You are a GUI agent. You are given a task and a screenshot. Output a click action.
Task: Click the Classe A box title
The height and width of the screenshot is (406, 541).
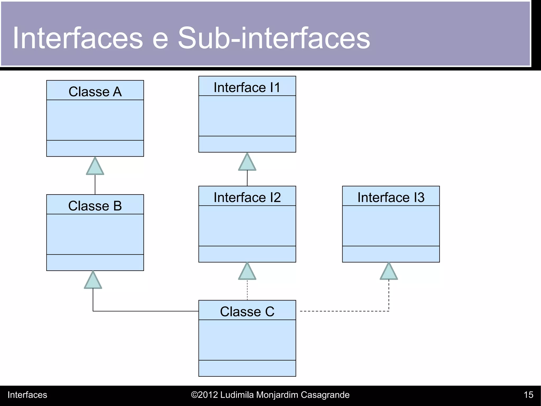click(x=95, y=92)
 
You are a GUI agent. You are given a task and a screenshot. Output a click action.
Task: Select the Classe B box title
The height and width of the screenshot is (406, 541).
click(x=95, y=206)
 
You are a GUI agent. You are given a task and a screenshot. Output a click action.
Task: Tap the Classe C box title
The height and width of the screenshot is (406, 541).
click(x=247, y=312)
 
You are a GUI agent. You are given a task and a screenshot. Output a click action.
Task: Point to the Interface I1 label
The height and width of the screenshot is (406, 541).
click(x=247, y=87)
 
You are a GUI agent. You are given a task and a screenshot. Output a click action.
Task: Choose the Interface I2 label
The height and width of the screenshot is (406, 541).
click(x=247, y=197)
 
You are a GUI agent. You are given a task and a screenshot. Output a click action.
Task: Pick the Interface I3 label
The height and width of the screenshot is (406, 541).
click(x=391, y=197)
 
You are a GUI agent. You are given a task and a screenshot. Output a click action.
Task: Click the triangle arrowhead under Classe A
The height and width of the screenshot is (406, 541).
click(x=95, y=167)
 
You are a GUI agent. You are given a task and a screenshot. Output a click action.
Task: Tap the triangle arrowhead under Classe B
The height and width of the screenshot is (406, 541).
click(x=93, y=281)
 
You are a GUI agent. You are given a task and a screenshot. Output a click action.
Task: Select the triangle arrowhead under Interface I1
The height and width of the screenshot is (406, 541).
click(x=247, y=163)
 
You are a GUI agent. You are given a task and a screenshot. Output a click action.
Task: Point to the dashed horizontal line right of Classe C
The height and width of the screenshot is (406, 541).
click(x=343, y=311)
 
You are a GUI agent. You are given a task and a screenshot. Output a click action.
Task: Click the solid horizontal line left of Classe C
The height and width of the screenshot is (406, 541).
click(x=145, y=311)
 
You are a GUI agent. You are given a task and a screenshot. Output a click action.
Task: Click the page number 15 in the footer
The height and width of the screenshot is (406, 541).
click(x=528, y=395)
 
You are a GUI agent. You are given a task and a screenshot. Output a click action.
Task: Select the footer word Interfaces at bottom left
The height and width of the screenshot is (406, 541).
click(x=27, y=395)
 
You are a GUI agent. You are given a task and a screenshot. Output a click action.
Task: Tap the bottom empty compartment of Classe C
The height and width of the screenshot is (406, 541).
click(x=247, y=368)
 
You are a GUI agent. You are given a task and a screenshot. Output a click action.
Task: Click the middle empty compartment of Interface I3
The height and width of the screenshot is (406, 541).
click(x=391, y=226)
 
